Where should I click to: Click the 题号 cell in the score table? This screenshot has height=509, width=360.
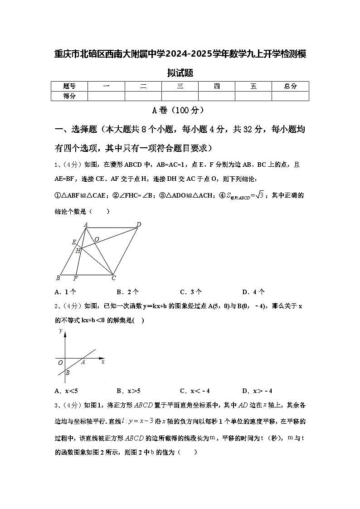coord(69,86)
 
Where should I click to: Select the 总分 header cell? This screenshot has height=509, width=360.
coord(290,86)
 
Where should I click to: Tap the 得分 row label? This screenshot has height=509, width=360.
coord(69,96)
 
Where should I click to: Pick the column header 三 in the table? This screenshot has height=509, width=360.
coord(180,86)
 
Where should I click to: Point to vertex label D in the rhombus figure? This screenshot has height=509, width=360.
coord(139,224)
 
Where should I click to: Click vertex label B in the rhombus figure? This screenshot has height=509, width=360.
coord(58,278)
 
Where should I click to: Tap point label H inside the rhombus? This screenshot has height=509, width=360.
coord(78,250)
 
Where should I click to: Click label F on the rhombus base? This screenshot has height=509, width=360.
coord(75,278)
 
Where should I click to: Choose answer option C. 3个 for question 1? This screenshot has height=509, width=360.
coord(191,292)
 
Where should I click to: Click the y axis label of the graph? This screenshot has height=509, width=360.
coord(61,331)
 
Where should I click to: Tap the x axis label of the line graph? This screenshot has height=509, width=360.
coord(103,362)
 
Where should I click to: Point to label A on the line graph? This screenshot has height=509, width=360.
coord(83,362)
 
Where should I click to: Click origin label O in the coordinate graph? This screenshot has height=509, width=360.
coord(60,363)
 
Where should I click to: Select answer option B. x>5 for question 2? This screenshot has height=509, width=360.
coord(128,391)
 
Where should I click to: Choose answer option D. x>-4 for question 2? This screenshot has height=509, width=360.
coord(257,391)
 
